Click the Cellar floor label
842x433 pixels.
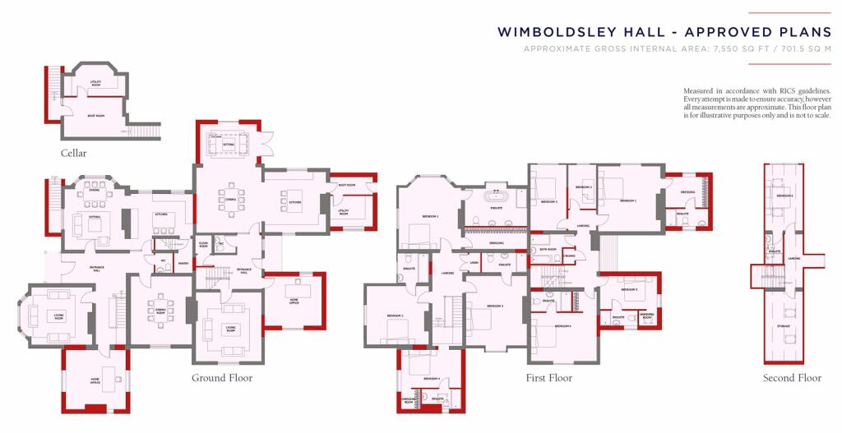click(x=73, y=154)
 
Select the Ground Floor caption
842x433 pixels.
click(x=222, y=378)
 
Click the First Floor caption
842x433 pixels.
click(x=549, y=378)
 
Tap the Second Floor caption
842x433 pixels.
click(x=792, y=378)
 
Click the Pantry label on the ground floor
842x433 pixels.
click(x=183, y=263)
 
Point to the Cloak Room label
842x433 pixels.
click(x=203, y=244)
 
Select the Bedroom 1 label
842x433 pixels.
click(x=430, y=216)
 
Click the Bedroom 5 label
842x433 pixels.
click(x=630, y=290)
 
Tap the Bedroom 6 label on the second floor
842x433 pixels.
click(x=784, y=196)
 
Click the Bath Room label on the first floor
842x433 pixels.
click(x=548, y=249)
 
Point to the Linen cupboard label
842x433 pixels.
click(x=474, y=263)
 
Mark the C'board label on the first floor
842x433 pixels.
click(x=569, y=256)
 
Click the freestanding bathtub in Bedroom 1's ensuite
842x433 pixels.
click(x=497, y=197)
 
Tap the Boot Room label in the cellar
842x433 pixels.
click(x=96, y=116)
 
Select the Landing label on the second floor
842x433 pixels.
click(x=793, y=259)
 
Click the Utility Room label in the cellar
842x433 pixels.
click(x=95, y=82)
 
